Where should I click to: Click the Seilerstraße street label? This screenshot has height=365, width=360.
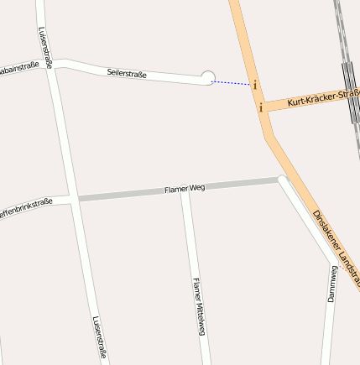(127, 74)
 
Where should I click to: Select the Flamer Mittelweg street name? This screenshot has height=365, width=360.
(198, 306)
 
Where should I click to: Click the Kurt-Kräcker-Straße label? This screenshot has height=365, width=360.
(322, 99)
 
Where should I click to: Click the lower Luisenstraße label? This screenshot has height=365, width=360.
(98, 337)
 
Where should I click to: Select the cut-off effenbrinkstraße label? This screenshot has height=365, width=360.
(25, 206)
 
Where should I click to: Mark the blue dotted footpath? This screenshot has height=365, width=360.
(232, 83)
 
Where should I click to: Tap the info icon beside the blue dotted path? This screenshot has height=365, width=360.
(254, 85)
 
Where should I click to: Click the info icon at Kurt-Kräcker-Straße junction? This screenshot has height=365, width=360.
(261, 107)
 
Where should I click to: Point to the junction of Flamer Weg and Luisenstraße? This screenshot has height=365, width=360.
(72, 199)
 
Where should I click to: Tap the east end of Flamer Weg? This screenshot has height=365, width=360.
(281, 179)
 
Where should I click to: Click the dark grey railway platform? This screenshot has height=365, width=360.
(348, 84)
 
